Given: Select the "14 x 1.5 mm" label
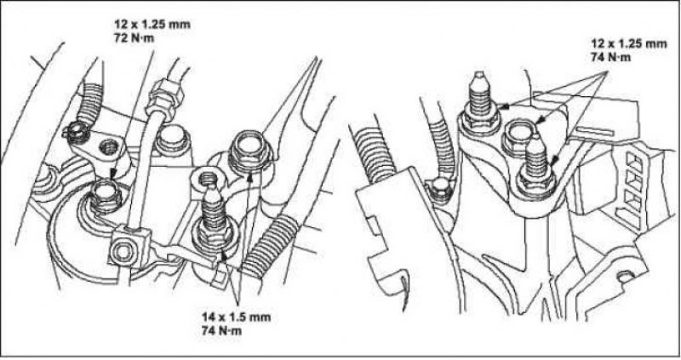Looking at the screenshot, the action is [x=236, y=317].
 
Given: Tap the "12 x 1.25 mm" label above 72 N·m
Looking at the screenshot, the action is [x=152, y=24].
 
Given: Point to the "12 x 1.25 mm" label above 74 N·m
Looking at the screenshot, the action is [x=628, y=43].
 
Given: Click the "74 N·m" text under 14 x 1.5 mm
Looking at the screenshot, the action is [x=221, y=331].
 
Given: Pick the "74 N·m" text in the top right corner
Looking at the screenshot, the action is [x=610, y=57].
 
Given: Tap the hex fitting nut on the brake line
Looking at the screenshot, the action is [x=160, y=96].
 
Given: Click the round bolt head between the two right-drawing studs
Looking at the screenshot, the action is [x=519, y=136].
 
